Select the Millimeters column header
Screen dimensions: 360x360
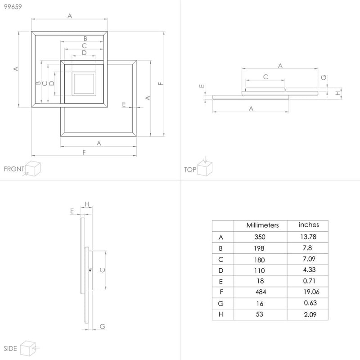click(x=263, y=225)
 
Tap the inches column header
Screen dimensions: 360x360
click(x=309, y=225)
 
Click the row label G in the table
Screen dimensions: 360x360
click(x=220, y=304)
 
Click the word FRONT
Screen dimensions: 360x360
click(x=13, y=169)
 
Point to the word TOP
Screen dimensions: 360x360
click(x=190, y=170)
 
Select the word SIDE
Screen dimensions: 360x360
click(x=10, y=349)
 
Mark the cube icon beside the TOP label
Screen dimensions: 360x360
click(x=205, y=169)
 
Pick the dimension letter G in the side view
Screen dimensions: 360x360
click(x=102, y=326)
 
